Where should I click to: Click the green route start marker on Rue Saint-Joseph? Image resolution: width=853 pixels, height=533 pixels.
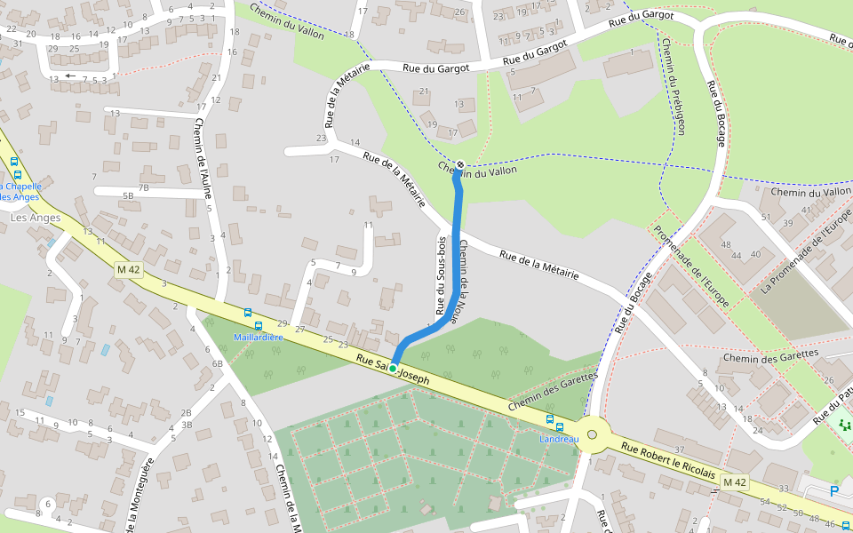tap(392, 368)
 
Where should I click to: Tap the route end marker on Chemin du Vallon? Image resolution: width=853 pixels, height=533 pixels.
tap(459, 164)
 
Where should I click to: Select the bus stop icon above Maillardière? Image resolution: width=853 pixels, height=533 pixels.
tap(247, 313)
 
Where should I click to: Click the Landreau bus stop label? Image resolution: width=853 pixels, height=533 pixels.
tap(559, 439)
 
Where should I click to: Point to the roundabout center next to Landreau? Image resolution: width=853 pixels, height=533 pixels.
tap(592, 434)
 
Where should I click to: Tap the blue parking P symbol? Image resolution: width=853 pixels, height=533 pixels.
tap(833, 490)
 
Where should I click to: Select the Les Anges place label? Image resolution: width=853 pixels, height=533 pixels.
tap(36, 218)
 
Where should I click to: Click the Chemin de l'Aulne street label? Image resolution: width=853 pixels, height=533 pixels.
tap(205, 164)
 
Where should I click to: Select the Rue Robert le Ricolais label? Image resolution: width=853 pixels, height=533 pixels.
tap(668, 461)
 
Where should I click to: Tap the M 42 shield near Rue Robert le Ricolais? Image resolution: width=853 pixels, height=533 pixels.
tap(733, 481)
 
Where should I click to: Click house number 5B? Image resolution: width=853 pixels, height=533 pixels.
tap(128, 195)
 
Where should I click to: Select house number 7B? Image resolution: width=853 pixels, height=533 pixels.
tap(143, 187)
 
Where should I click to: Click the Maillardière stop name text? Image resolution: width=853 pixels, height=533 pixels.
tap(258, 338)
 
